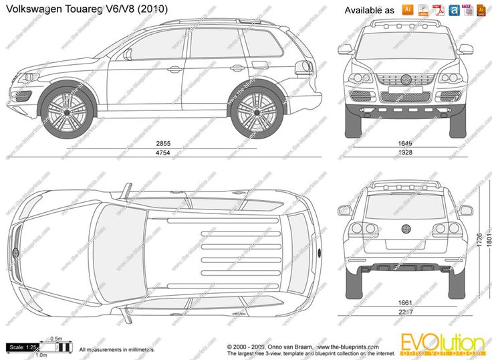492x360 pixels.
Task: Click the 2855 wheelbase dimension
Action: [164, 144]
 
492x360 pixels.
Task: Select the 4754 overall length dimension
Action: [164, 154]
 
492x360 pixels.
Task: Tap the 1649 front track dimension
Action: [405, 144]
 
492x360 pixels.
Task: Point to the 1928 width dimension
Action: [405, 154]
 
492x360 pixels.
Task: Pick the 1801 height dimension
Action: [488, 239]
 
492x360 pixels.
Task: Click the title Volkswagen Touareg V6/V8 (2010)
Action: [87, 9]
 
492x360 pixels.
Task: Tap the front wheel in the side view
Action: [66, 111]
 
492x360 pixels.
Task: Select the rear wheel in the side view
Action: [257, 111]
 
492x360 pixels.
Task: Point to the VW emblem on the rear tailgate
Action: [405, 228]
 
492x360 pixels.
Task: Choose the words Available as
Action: [369, 11]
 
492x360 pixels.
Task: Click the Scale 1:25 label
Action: [21, 347]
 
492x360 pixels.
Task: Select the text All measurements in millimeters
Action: [117, 349]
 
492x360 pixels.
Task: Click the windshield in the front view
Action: [405, 45]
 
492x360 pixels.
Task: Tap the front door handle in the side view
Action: [174, 69]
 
